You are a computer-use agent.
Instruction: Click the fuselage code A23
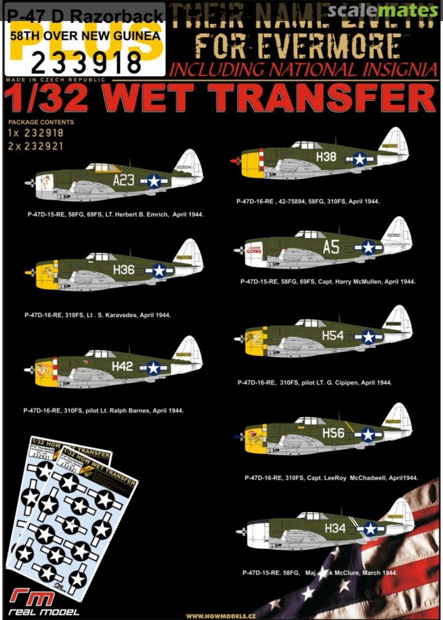[123, 181]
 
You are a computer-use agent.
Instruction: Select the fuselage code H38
[326, 156]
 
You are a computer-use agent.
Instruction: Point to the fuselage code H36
[124, 269]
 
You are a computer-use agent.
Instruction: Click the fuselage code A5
[331, 247]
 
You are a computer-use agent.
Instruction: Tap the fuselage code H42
[122, 366]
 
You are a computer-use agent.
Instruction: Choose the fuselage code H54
[333, 336]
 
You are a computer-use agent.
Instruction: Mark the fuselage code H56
[333, 433]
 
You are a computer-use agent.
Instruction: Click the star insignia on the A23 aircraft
[154, 181]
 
